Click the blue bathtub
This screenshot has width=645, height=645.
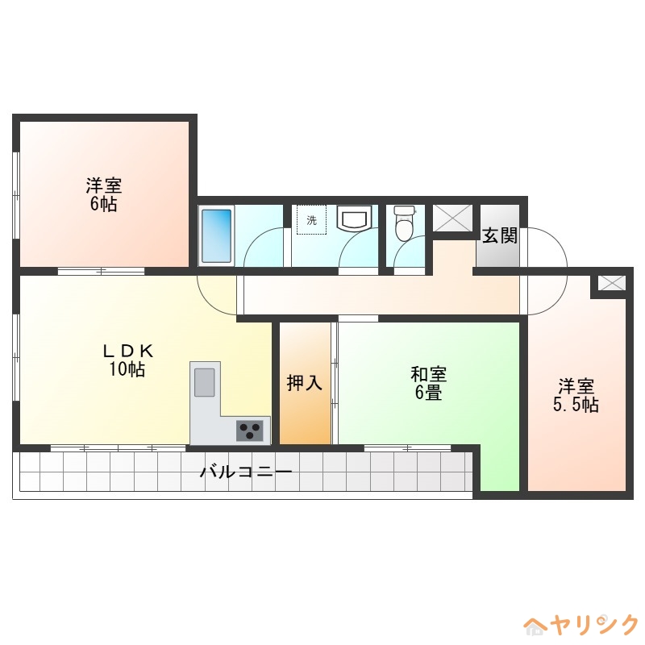(216, 235)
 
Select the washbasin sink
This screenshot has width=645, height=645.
(354, 218)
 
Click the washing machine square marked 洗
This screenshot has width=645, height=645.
(311, 220)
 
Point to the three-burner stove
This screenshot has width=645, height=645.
(252, 431)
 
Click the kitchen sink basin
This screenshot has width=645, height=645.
(205, 381)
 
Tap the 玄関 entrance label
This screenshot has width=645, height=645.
(499, 235)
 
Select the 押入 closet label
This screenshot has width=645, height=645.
(305, 383)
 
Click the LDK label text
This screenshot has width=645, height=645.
(127, 352)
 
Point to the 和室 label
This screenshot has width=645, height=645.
(428, 374)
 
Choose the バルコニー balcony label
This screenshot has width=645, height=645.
(245, 472)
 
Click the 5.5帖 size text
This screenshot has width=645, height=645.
(576, 405)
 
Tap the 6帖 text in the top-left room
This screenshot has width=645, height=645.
(104, 204)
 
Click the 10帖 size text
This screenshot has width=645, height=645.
(127, 370)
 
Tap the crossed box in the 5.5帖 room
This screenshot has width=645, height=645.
(612, 283)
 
